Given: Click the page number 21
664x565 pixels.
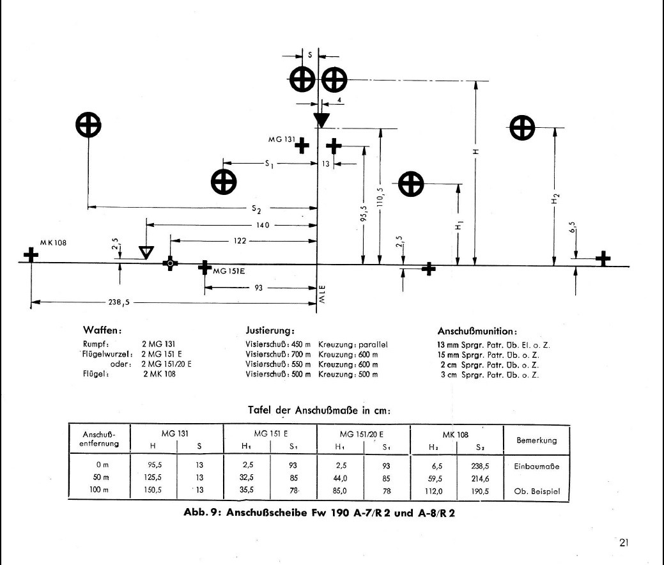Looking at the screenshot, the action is (624, 543).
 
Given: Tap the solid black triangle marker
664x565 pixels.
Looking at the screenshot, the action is (321, 120).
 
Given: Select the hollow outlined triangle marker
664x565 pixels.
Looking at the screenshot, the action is (146, 252).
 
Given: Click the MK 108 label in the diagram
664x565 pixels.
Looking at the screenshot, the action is (53, 243).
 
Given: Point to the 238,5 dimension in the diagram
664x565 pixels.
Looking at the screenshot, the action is (119, 302).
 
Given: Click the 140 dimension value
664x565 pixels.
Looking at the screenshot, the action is (263, 225).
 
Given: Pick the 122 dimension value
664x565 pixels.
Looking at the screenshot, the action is (240, 240).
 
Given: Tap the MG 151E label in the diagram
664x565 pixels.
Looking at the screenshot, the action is (229, 271).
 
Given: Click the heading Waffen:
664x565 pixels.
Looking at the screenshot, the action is (102, 330).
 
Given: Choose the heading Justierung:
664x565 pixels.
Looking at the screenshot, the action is (270, 330).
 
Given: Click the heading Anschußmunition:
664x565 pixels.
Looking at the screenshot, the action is (477, 331).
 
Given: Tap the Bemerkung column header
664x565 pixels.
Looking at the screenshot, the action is (537, 440).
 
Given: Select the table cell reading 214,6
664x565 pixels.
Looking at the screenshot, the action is (480, 479).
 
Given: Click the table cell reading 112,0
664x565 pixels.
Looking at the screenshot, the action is (434, 491).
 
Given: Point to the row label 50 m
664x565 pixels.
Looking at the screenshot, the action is (101, 477).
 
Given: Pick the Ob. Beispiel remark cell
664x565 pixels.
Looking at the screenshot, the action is (537, 491).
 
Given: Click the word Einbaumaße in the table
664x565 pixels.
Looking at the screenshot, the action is (537, 467).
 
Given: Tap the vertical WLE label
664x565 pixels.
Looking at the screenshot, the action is (322, 295).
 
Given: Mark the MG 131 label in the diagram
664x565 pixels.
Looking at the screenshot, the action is (282, 139).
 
